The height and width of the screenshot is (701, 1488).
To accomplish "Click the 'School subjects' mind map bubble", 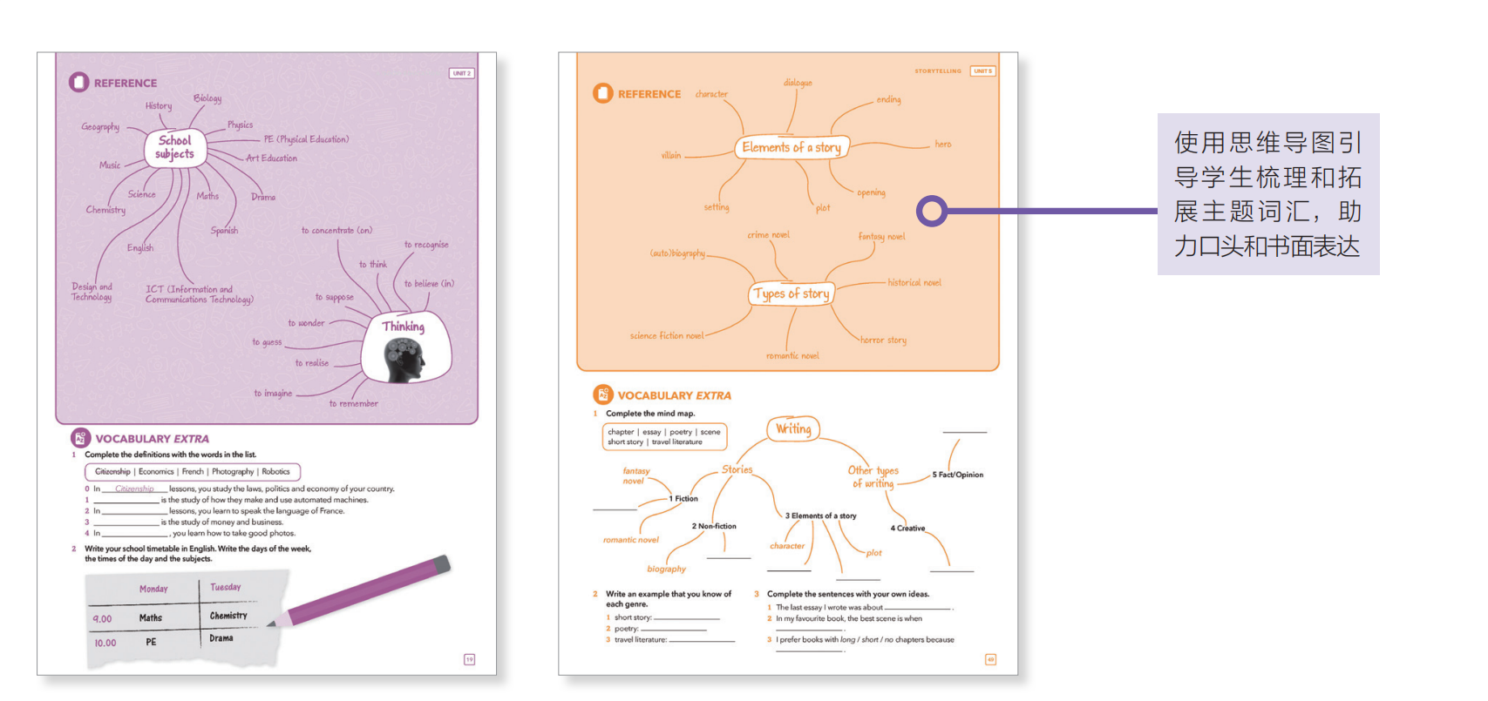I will pos(175,147).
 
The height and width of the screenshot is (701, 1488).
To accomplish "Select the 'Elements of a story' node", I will pos(792,147).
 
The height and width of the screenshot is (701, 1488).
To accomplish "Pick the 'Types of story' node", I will pos(792,294).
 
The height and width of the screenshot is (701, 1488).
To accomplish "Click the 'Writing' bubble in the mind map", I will pos(793,428).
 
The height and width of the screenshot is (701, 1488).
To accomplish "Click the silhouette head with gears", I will pos(404,360).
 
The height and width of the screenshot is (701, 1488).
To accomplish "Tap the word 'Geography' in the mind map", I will pos(100,127).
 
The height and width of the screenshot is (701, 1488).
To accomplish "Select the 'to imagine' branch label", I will pos(273,394).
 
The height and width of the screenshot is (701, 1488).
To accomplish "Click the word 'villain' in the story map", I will pos(670,156).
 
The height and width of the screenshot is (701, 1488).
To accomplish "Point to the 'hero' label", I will pos(942,145).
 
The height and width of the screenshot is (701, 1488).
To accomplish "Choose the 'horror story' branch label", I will pos(883,340).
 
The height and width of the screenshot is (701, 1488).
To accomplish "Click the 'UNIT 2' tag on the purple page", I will pos(461,73).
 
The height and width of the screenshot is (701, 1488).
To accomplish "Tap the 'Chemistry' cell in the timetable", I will pos(228,616).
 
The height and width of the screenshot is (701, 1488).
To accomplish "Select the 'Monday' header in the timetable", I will pos(153,590).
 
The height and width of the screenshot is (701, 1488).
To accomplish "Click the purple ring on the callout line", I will pos(932,211).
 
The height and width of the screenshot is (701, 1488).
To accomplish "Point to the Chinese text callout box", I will pos(1267,194).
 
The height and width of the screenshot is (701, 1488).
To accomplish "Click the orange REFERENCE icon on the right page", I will pos(602,93).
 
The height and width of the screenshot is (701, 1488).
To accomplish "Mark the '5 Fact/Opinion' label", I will pos(957,475).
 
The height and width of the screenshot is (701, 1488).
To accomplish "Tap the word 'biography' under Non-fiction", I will pos(666,569).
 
